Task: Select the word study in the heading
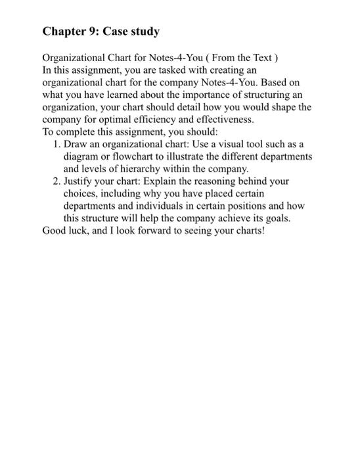point(145,32)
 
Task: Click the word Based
point(277,83)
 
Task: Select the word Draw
point(75,145)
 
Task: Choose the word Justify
point(79,181)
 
